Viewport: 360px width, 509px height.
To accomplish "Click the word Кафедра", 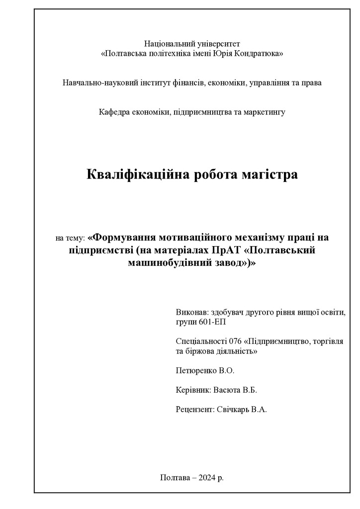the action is [114, 112].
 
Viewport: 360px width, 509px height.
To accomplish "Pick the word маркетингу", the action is [264, 112].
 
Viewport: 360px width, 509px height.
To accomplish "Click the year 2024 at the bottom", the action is [207, 478].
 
